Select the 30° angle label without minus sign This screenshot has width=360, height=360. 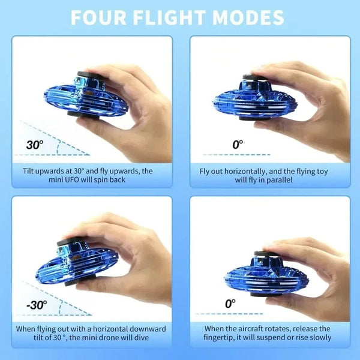34,145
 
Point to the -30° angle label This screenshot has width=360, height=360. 36,305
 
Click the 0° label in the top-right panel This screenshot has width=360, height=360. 238,145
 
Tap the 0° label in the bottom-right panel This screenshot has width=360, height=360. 230,304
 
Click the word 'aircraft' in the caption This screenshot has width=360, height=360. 253,329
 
